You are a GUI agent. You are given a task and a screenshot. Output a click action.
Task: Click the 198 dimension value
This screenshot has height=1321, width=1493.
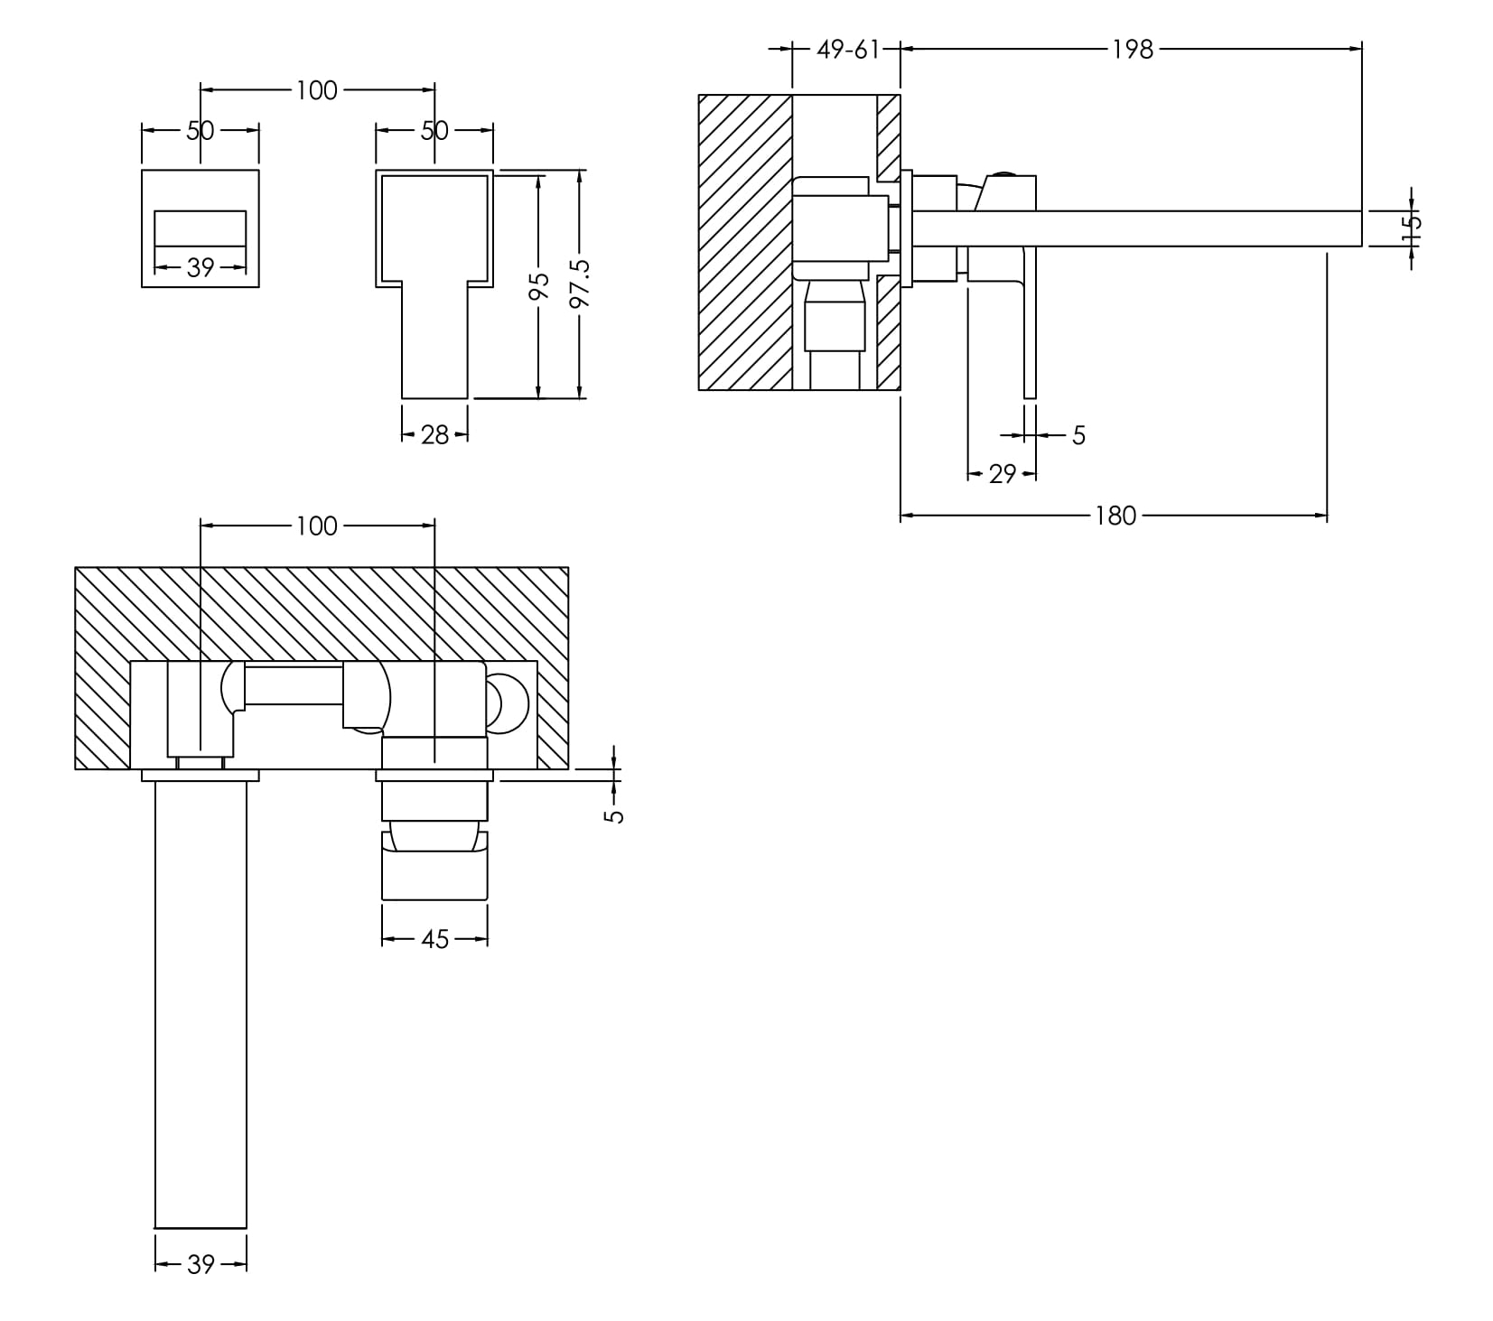pos(1133,50)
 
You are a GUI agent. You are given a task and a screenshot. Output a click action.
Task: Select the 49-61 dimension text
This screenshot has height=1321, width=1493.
pos(847,50)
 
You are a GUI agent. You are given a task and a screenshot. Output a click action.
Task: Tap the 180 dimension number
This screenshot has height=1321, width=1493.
pos(1115,516)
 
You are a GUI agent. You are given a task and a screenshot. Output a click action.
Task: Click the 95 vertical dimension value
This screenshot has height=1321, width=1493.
pos(538,286)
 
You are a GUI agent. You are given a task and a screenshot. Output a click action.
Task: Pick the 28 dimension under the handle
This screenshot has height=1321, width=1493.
pos(434,435)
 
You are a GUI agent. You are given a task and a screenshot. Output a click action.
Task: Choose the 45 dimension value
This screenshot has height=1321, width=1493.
pos(434,940)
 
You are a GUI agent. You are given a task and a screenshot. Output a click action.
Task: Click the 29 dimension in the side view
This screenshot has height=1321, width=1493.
pos(1002,474)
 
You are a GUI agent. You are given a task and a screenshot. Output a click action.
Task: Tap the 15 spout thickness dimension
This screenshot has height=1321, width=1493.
pos(1412,228)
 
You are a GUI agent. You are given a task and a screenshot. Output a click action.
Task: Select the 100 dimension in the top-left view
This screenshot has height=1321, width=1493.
pos(316,90)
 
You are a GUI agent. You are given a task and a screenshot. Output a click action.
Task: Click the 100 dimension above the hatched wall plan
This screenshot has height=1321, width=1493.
pos(316,526)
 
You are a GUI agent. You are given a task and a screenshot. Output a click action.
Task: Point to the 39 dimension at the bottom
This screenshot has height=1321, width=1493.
pos(201,1265)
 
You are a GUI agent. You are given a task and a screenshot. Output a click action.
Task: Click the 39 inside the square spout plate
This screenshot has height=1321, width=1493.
pos(201,267)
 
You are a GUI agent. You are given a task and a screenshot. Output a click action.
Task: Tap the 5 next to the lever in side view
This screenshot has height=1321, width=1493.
pos(1078,436)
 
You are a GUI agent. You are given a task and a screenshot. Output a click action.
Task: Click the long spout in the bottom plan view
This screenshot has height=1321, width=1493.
pos(201,1002)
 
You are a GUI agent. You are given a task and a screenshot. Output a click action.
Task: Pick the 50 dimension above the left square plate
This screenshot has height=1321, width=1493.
pos(201,131)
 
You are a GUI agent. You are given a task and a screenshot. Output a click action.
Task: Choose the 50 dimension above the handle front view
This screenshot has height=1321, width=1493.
pos(434,131)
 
